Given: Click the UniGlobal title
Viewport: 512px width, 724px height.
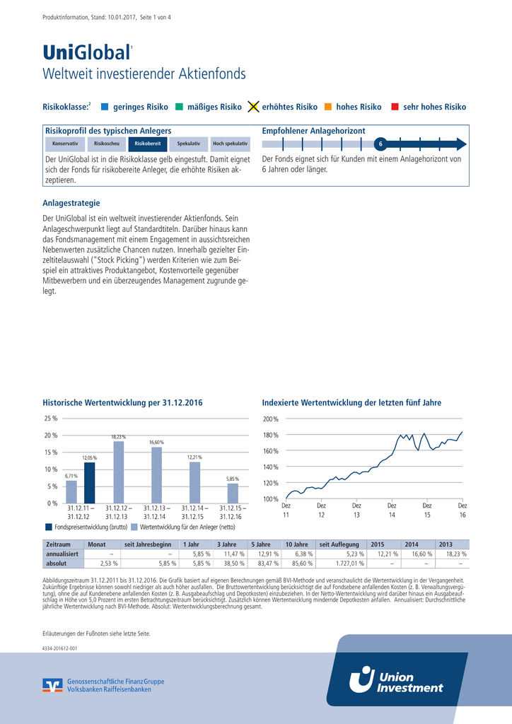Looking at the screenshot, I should pyautogui.click(x=86, y=53).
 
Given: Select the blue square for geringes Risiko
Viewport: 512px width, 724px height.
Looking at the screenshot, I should pyautogui.click(x=105, y=107).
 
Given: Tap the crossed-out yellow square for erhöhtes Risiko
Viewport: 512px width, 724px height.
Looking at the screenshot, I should pyautogui.click(x=253, y=107).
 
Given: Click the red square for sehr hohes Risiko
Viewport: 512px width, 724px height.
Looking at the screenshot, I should pyautogui.click(x=395, y=107).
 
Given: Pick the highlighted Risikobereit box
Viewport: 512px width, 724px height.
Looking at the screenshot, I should pyautogui.click(x=148, y=144).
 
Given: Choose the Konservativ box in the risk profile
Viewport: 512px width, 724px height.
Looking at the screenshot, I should pyautogui.click(x=65, y=144).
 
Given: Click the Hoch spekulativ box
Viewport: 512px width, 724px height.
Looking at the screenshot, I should pyautogui.click(x=230, y=144).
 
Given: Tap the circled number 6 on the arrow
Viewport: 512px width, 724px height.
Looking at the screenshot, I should pyautogui.click(x=380, y=144).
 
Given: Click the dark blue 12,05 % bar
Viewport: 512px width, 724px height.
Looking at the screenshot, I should pyautogui.click(x=90, y=482).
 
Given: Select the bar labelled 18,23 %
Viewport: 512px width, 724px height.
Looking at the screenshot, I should pyautogui.click(x=119, y=472).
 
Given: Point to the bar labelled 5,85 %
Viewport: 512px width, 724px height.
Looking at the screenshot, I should pyautogui.click(x=233, y=493).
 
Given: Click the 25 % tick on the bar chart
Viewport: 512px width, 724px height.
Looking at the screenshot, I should pyautogui.click(x=50, y=419).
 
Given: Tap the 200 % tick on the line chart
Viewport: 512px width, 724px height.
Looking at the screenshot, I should pyautogui.click(x=271, y=419).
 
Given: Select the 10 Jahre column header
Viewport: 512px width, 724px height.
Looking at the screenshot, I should pyautogui.click(x=296, y=544).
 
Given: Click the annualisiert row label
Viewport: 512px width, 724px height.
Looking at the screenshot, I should pyautogui.click(x=62, y=554).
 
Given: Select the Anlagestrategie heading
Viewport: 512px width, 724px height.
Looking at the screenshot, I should pyautogui.click(x=71, y=203).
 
